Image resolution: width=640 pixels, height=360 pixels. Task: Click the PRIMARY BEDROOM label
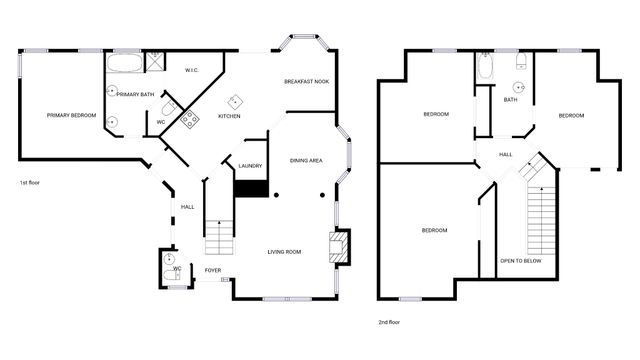(x=71, y=116)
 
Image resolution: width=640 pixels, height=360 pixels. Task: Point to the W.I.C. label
(x=193, y=70)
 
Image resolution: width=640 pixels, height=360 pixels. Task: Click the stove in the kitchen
(x=187, y=122)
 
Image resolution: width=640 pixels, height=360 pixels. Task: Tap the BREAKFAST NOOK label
(x=306, y=81)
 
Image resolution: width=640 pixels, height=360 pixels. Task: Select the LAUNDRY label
(x=250, y=166)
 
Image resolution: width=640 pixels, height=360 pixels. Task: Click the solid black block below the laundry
(x=249, y=188)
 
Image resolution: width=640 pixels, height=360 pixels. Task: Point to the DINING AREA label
(x=306, y=160)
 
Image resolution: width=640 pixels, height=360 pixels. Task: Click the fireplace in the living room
(x=340, y=246)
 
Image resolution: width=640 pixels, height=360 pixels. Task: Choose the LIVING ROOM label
(x=284, y=251)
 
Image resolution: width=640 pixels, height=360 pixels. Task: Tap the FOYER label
(x=213, y=270)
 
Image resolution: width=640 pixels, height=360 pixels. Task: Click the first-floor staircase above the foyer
(x=219, y=237)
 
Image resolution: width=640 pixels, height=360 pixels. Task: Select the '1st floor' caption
(x=29, y=184)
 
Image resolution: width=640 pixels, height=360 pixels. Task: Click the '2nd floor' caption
(x=389, y=322)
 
